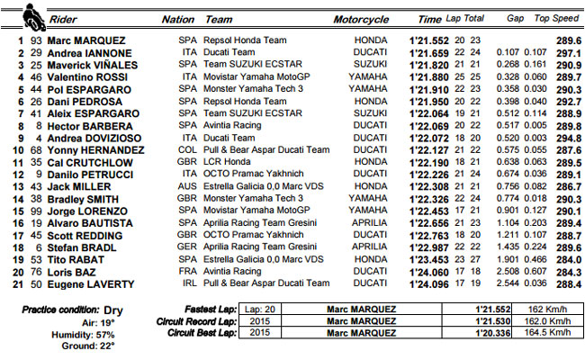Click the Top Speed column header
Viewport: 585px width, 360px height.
(554, 18)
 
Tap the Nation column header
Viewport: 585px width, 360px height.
(177, 18)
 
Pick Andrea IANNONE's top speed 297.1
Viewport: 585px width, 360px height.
(565, 53)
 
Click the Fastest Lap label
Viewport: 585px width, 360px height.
(206, 309)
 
